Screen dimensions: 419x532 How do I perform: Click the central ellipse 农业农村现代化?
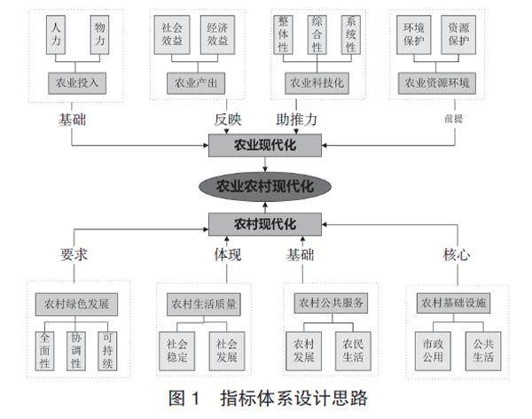pyautogui.click(x=265, y=186)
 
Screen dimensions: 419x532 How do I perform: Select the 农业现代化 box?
pyautogui.click(x=265, y=145)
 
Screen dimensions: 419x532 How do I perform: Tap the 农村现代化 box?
pyautogui.click(x=265, y=223)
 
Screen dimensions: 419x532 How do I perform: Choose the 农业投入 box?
pyautogui.click(x=77, y=84)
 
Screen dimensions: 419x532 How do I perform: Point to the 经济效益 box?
pyautogui.click(x=217, y=35)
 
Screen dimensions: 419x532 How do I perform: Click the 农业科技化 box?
pyautogui.click(x=316, y=84)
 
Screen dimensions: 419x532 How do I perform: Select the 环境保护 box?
pyautogui.click(x=412, y=35)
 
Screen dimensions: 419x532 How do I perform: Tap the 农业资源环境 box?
pyautogui.click(x=436, y=84)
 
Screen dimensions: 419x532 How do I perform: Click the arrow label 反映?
pyautogui.click(x=228, y=119)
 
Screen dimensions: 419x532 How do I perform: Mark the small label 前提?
pyautogui.click(x=454, y=117)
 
